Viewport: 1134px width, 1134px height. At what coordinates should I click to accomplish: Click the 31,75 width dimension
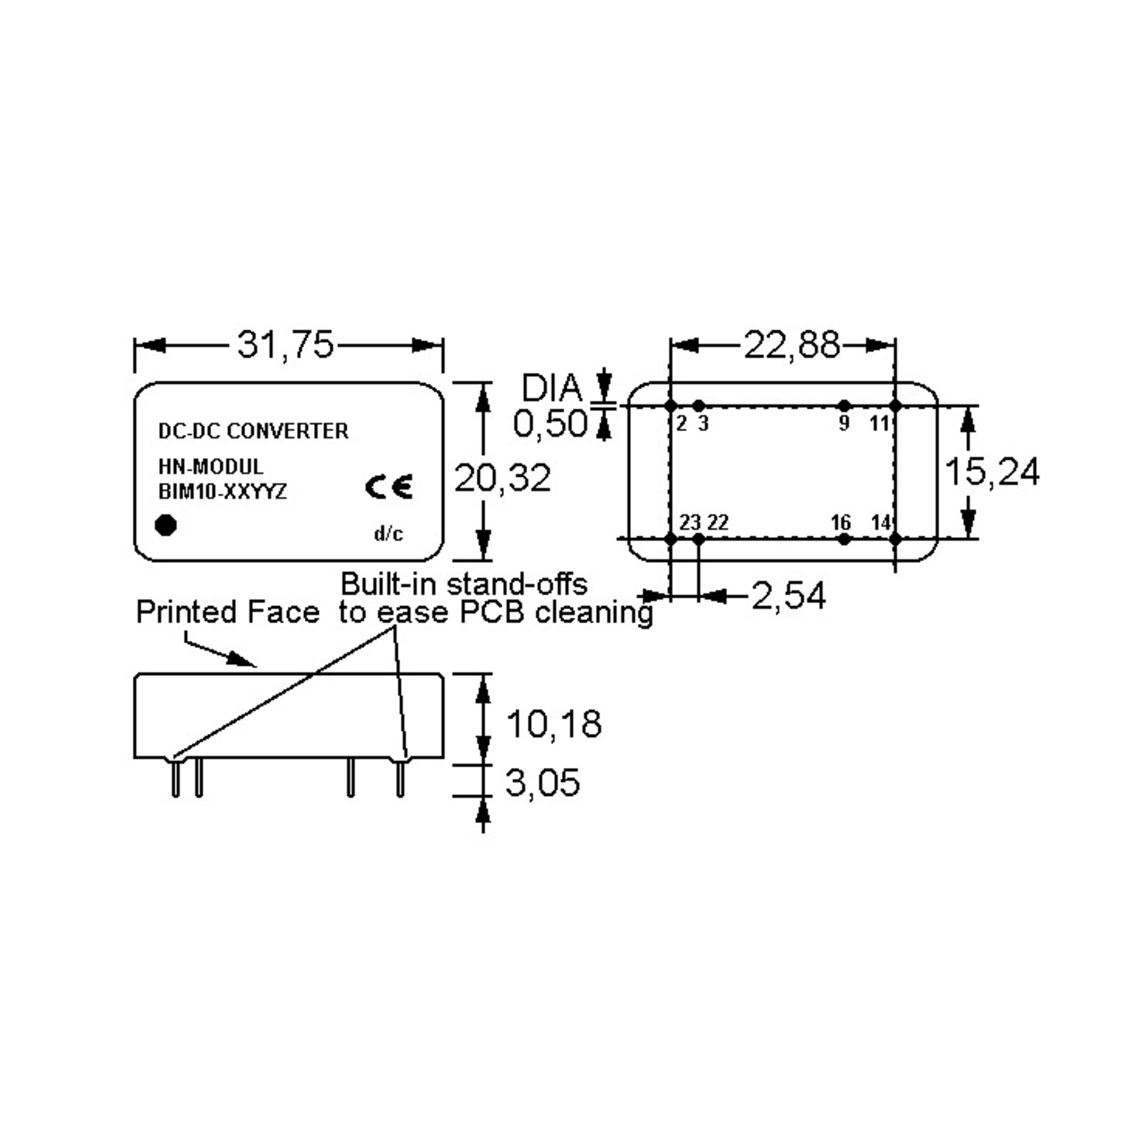tap(285, 344)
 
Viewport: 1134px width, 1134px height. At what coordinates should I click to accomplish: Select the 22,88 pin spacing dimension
tap(791, 345)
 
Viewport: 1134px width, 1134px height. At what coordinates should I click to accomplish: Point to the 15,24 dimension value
tap(991, 472)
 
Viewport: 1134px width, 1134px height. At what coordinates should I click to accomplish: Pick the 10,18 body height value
tap(553, 724)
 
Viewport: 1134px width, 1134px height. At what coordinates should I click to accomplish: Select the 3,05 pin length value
tap(542, 782)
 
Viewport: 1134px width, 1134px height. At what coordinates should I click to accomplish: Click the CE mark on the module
tap(388, 487)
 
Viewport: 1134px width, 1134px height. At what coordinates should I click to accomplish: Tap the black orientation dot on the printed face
tap(166, 525)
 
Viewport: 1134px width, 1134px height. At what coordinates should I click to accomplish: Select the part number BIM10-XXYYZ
tap(223, 492)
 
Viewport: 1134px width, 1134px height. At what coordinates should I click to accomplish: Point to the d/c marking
tap(388, 534)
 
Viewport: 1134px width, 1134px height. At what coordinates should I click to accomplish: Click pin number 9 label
tap(844, 423)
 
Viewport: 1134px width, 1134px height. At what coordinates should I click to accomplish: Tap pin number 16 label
tap(841, 522)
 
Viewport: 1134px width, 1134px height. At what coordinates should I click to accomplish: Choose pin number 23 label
tap(690, 522)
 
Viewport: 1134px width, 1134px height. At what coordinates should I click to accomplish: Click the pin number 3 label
tap(703, 423)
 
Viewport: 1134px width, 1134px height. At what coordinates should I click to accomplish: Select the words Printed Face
tap(227, 612)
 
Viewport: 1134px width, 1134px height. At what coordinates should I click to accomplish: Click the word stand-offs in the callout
tap(517, 584)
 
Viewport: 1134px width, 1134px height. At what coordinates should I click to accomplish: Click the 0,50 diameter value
tap(550, 423)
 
